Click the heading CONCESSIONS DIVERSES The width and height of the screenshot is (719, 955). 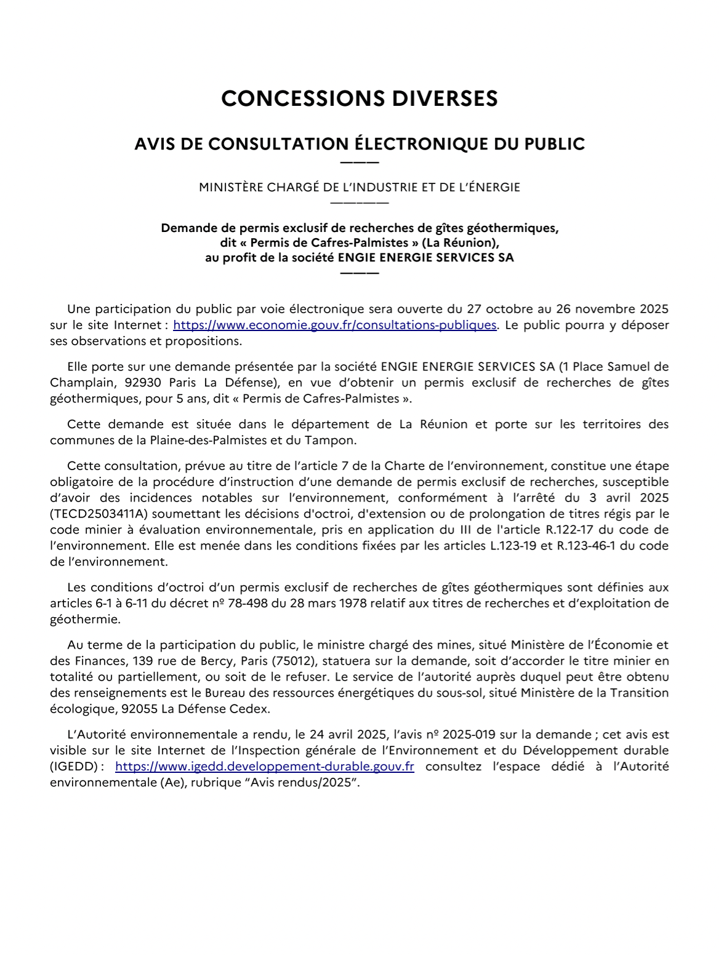[x=359, y=99]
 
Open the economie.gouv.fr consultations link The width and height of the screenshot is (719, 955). [x=334, y=325]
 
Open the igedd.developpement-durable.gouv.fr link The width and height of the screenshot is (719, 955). [x=265, y=767]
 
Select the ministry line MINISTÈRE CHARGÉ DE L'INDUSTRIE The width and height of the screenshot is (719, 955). [x=359, y=187]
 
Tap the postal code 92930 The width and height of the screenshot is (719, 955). [x=143, y=383]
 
